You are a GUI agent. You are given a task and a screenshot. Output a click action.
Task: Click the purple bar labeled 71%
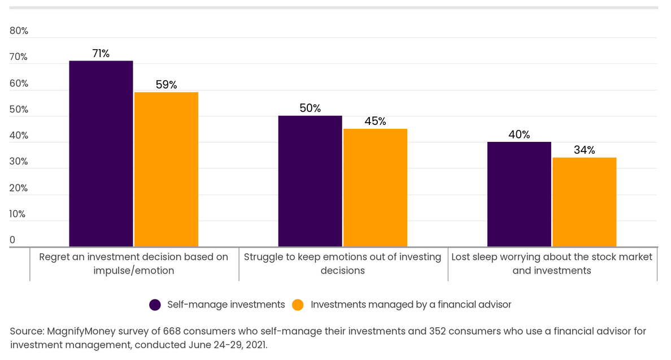coord(101,153)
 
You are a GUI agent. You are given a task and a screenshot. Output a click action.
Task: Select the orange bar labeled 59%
coord(166,169)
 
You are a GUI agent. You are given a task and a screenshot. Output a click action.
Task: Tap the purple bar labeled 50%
coord(310,181)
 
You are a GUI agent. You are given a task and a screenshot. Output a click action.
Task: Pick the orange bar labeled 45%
coord(375,188)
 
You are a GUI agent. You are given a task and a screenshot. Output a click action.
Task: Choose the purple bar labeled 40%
coord(519,194)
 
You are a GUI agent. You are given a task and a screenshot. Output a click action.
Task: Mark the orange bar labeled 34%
coord(584,202)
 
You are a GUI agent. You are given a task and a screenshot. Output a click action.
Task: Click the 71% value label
coord(101,54)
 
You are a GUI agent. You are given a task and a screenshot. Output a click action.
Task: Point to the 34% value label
coord(584,150)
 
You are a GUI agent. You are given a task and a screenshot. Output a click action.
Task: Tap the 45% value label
coord(375,122)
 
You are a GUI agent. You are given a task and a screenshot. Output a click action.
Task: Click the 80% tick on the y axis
coord(19,31)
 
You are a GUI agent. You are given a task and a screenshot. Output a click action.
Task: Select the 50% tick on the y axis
coord(19,110)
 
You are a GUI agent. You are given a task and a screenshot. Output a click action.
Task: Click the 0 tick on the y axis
coord(12,240)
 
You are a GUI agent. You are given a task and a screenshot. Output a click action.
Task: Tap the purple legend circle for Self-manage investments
coord(155,305)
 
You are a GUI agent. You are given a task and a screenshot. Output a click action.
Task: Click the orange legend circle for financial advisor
coord(299,305)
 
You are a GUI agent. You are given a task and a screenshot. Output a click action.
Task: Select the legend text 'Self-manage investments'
coord(226,305)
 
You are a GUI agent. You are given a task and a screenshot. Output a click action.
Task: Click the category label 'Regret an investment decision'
coord(134,263)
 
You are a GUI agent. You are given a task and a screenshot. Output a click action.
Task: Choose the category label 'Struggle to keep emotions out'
coord(343,263)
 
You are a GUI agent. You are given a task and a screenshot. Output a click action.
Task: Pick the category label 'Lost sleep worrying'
coord(552,263)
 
